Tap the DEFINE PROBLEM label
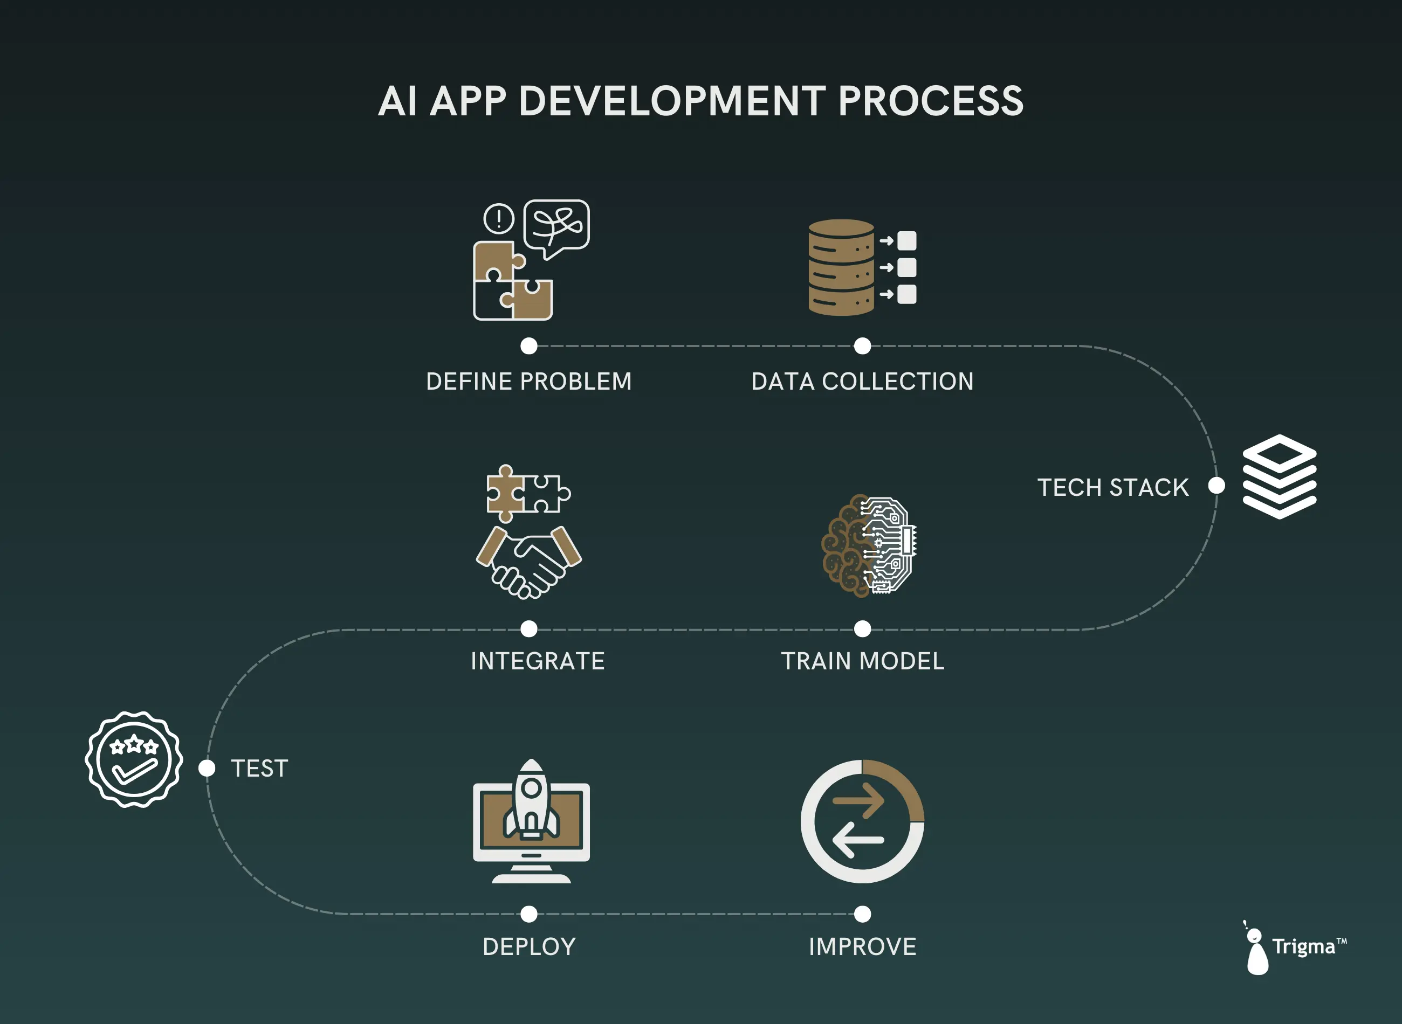point(529,381)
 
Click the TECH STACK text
point(1113,487)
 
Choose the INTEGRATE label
point(538,661)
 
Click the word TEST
point(260,769)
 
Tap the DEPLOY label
point(529,946)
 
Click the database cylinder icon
point(841,268)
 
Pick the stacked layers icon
point(1279,476)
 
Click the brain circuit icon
point(868,545)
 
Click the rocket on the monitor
point(531,800)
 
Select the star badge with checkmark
point(134,759)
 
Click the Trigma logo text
point(1303,946)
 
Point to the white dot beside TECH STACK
point(1217,486)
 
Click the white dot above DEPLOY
point(529,914)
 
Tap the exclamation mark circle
point(499,218)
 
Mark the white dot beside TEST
point(207,768)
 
